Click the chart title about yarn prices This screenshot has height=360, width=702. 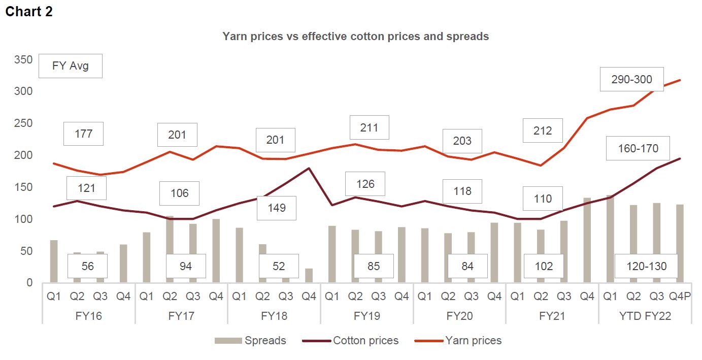(355, 37)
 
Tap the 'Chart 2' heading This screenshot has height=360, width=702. (29, 12)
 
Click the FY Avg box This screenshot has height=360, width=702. (70, 66)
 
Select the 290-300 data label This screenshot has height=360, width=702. (631, 79)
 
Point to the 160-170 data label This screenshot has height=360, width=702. (638, 148)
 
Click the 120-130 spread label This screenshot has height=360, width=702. (646, 266)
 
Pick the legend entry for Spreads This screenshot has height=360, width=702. (250, 340)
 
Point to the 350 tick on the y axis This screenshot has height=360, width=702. (24, 60)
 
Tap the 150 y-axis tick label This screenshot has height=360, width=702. (24, 187)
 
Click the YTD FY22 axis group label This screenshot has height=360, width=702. (645, 316)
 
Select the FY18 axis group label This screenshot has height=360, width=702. (274, 316)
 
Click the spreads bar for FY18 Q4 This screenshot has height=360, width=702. (309, 275)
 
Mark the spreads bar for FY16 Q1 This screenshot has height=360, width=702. (54, 261)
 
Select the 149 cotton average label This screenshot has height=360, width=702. (276, 208)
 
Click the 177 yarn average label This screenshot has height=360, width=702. (83, 134)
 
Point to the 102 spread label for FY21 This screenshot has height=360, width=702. (544, 266)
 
